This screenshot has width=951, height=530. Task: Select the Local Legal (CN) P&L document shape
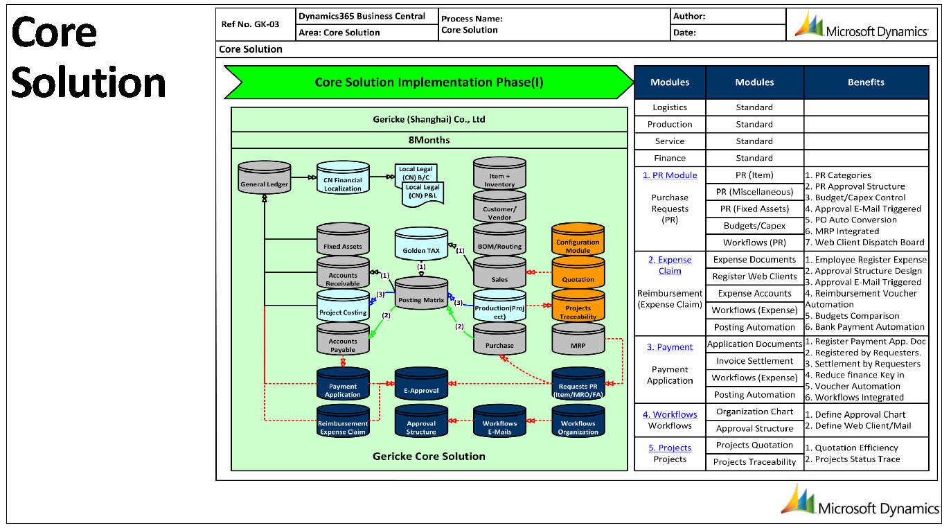click(x=423, y=193)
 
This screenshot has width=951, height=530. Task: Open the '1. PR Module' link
click(x=670, y=175)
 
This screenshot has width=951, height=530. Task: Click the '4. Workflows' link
click(x=670, y=414)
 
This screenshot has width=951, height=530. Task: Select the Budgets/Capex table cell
click(x=754, y=225)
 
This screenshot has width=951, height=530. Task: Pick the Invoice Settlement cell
click(x=754, y=361)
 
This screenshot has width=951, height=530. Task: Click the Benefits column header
click(x=866, y=82)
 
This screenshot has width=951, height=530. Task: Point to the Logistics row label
click(x=670, y=107)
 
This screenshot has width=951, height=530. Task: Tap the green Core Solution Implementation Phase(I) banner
click(x=429, y=82)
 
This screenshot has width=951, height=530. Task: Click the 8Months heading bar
click(x=429, y=140)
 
